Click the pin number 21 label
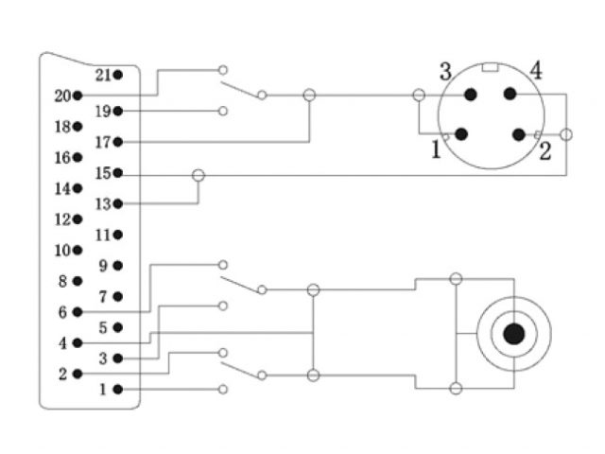click(x=102, y=75)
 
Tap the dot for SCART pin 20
click(x=78, y=96)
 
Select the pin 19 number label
click(x=102, y=111)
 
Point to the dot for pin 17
click(x=117, y=142)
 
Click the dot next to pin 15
click(x=117, y=173)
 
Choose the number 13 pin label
click(x=102, y=203)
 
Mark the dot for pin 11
click(x=117, y=235)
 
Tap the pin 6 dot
click(x=78, y=311)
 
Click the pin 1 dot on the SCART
click(x=117, y=389)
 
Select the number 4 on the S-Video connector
click(x=535, y=70)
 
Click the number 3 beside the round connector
click(x=444, y=71)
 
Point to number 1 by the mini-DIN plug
click(x=436, y=149)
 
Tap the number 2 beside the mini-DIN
click(x=544, y=151)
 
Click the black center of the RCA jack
click(x=513, y=334)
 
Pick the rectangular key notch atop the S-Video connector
click(x=489, y=67)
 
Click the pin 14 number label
click(x=62, y=188)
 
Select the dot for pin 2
click(x=78, y=374)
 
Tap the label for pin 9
click(x=102, y=266)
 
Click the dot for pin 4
click(x=78, y=342)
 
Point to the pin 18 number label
click(x=62, y=127)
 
